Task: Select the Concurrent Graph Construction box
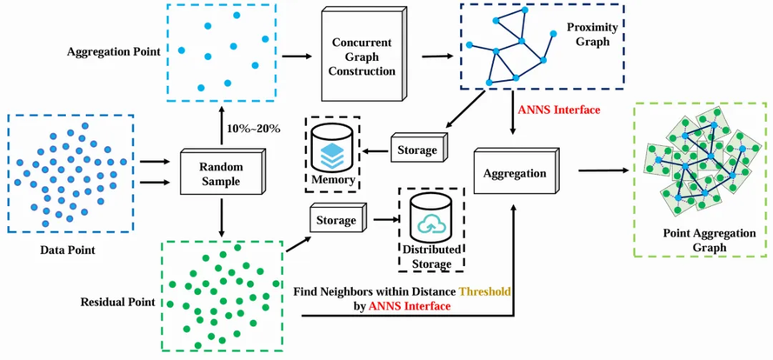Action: [364, 57]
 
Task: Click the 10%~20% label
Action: [254, 129]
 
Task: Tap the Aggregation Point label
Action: [113, 52]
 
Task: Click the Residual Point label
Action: [117, 303]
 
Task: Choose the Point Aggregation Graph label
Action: [703, 240]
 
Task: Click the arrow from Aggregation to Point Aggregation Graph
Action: [601, 171]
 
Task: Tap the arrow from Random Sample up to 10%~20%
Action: [224, 122]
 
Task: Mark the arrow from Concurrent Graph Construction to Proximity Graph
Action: [439, 57]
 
